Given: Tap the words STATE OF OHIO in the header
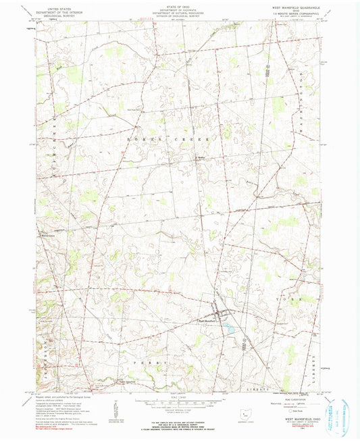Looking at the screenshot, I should click(179, 6).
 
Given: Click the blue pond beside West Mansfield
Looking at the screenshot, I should click(230, 329).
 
